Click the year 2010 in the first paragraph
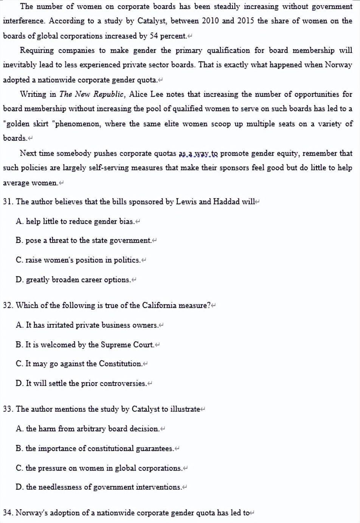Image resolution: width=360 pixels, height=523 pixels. pos(210,21)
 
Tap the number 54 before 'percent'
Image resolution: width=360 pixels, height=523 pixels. pos(154,36)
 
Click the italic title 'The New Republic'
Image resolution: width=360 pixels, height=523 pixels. pos(92,94)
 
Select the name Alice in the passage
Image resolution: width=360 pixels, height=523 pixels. pos(139,94)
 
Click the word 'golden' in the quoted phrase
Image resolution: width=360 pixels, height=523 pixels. pos(18,124)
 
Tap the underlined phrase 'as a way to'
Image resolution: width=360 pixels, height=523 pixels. pos(198,153)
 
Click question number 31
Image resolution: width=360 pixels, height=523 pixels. pos(8,202)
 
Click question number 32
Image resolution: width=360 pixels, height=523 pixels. pos(8,305)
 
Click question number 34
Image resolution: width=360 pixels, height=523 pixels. pos(8,513)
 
